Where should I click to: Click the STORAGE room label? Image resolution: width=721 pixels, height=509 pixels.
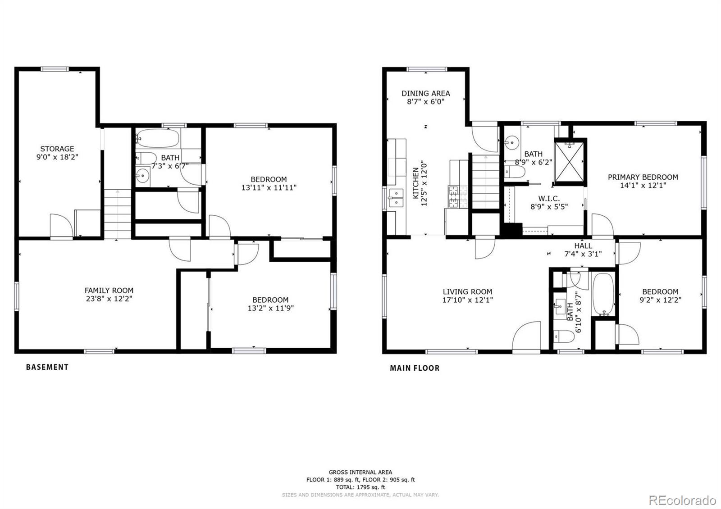coord(57,149)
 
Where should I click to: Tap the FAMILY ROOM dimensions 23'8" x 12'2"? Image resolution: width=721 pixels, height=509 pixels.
coord(109,299)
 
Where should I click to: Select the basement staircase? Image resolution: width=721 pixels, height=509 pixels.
coord(118,214)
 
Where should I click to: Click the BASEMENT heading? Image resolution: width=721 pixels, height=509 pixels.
coord(47,367)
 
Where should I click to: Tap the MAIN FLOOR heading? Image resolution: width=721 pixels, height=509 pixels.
coord(415,368)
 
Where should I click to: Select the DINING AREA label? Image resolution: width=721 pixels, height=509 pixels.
coord(425,93)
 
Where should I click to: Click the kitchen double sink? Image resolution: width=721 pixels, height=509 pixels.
coord(396,198)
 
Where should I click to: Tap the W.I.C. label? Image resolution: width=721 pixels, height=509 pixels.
coord(549,199)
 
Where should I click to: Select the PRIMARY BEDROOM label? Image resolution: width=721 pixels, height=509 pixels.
coord(643,177)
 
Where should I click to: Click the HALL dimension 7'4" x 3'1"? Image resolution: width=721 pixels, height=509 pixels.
coord(583,254)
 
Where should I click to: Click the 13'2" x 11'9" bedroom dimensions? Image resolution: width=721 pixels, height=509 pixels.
coord(270,308)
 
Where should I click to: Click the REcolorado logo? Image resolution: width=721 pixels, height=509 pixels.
coord(682,500)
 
